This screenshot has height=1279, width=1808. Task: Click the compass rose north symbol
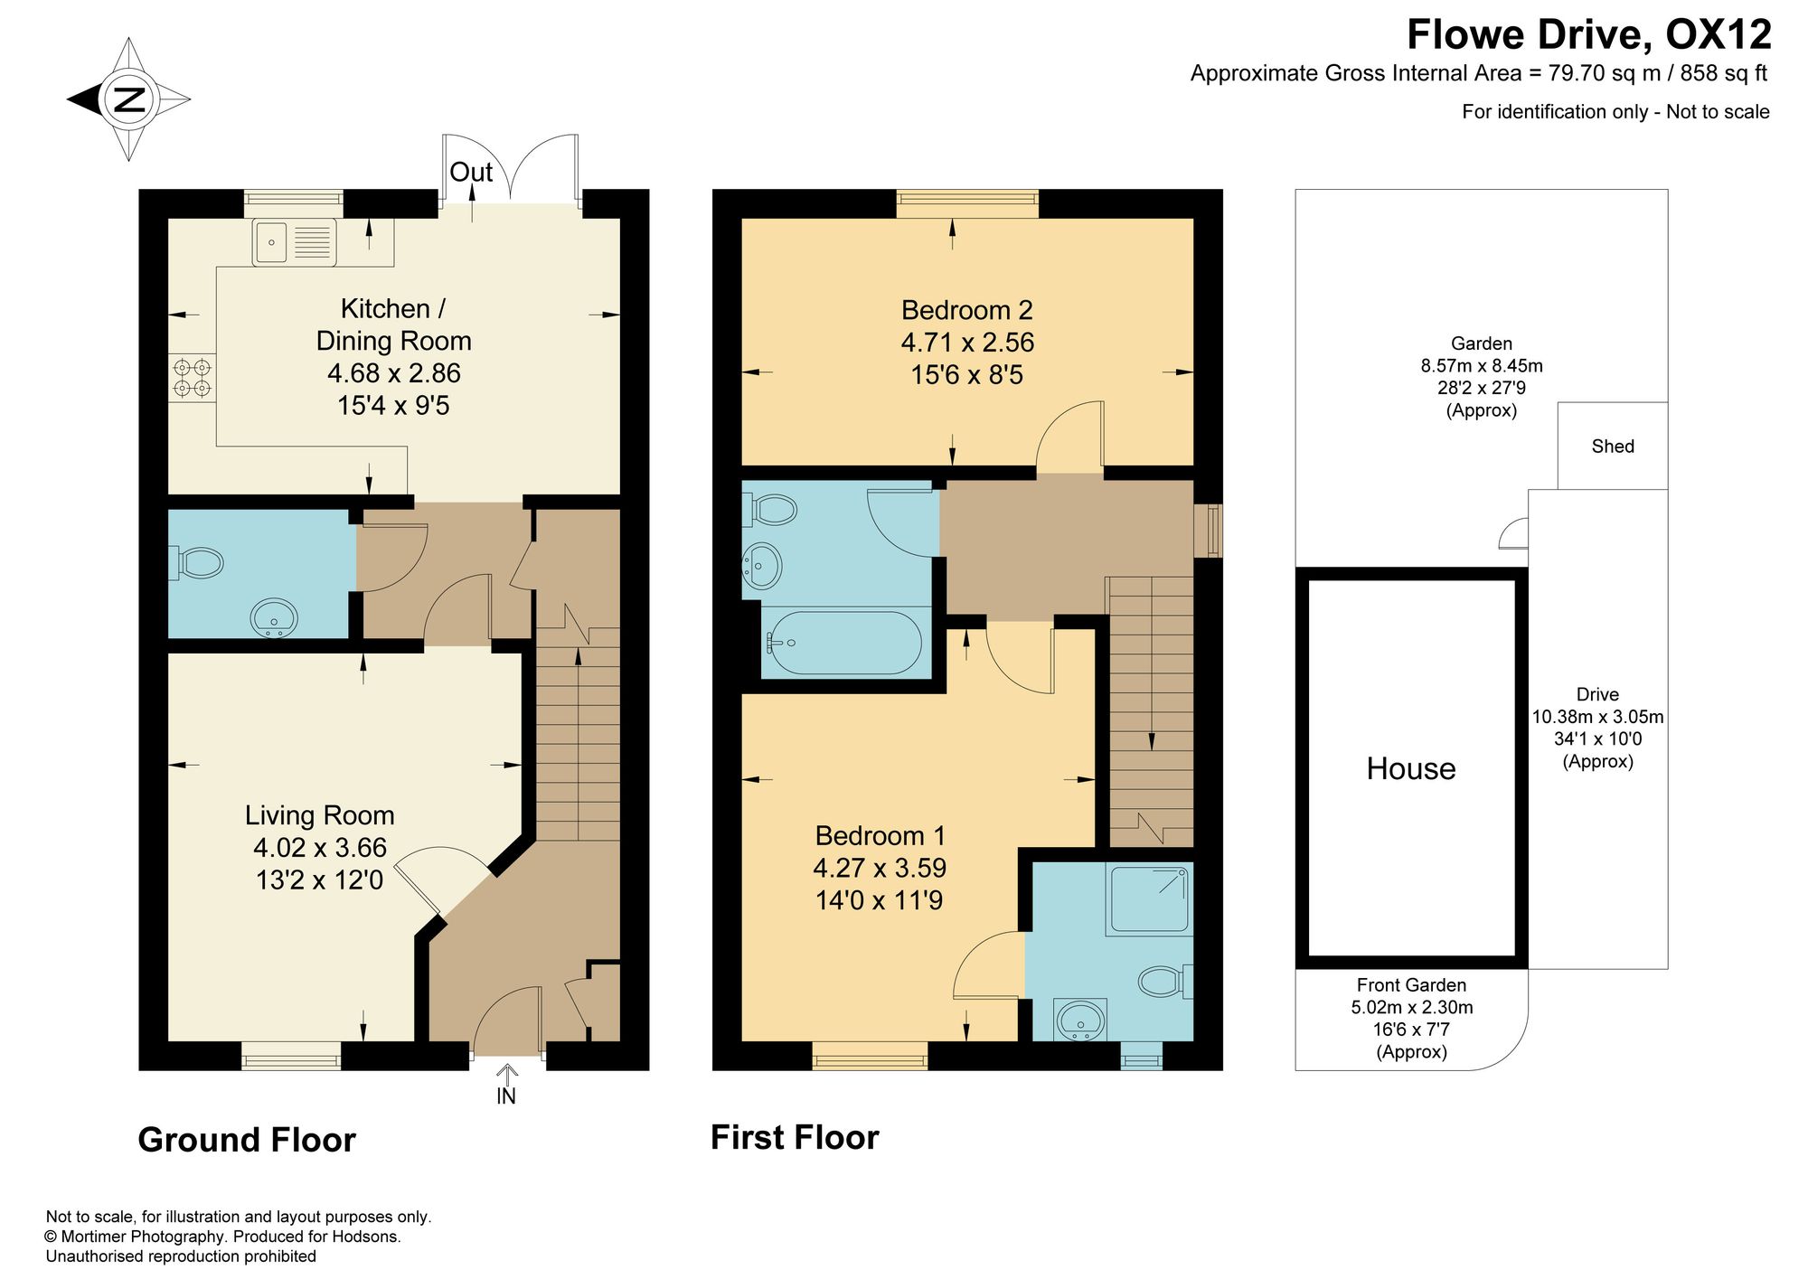(128, 99)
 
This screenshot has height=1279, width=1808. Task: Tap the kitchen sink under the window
(295, 241)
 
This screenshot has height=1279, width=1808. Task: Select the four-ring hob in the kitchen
(193, 378)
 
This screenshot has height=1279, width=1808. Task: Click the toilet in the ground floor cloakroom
(196, 563)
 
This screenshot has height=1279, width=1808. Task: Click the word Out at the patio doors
(471, 172)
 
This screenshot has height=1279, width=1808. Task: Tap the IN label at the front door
(506, 1096)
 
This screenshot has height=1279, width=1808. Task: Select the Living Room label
(320, 815)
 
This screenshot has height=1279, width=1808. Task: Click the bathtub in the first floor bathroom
(843, 643)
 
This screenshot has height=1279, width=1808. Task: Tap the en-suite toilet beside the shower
(1164, 982)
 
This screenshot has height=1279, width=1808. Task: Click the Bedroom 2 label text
(967, 310)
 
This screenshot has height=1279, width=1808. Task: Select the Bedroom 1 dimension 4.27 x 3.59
(880, 868)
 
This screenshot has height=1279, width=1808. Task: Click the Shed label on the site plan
(1613, 446)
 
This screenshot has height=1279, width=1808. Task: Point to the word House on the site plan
(1411, 768)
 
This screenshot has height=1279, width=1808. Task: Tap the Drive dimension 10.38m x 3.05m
(1597, 717)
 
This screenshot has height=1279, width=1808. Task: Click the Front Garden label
(1411, 985)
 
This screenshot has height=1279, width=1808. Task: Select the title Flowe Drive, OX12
(1589, 34)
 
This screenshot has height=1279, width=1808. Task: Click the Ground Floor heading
(247, 1140)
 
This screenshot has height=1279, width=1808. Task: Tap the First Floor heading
(795, 1137)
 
